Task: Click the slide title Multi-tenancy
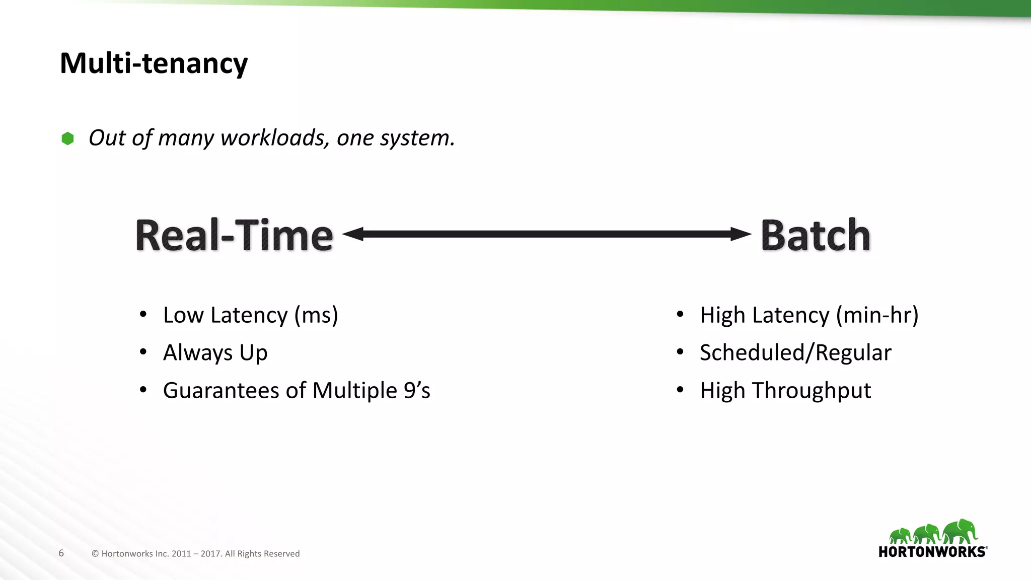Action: point(154,63)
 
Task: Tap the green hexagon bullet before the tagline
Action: point(67,138)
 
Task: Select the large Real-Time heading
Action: point(234,235)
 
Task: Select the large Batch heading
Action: point(815,235)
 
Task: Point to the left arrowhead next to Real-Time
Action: point(352,234)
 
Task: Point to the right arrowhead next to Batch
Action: point(741,234)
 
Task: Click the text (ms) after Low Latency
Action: point(316,316)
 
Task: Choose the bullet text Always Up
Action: point(215,352)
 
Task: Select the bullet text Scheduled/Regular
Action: point(795,352)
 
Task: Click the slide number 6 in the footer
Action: point(61,553)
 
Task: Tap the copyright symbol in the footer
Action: point(95,554)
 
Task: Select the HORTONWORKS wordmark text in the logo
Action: point(932,552)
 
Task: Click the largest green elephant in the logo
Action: point(961,532)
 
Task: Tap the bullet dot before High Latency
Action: point(680,315)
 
